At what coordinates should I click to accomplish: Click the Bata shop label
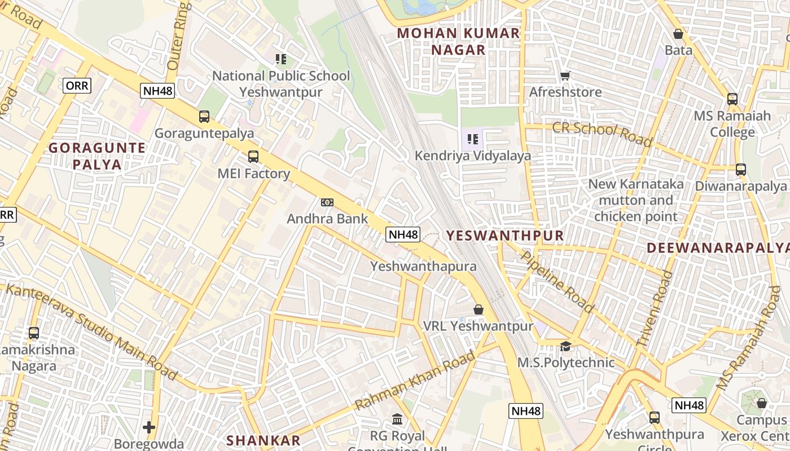tap(678, 50)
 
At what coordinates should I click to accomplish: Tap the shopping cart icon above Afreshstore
tap(565, 76)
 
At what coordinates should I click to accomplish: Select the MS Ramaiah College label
tap(732, 124)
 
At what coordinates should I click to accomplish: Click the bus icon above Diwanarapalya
tap(741, 170)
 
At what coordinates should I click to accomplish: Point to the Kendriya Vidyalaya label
tap(473, 156)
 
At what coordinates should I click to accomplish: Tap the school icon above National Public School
tap(281, 59)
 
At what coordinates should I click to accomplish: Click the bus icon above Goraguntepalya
tap(204, 117)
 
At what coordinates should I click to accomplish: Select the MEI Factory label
tap(254, 174)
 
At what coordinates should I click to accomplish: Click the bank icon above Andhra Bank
tap(327, 202)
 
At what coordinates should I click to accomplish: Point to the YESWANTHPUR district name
tap(505, 236)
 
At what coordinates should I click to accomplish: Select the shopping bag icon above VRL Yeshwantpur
tap(479, 310)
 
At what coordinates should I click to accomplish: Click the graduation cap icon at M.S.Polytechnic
tap(565, 346)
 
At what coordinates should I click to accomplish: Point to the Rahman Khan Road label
tap(415, 381)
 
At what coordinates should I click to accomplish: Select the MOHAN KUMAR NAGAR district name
tap(458, 41)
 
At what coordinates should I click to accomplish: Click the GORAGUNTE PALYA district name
tap(96, 156)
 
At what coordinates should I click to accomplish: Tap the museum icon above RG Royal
tap(397, 419)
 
